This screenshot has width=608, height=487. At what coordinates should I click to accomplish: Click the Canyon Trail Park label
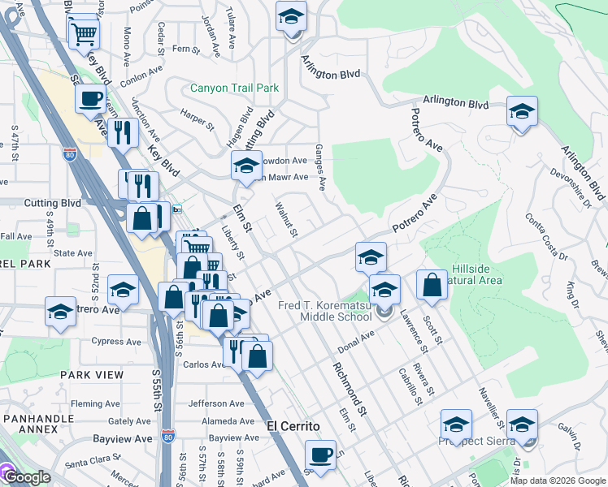[x=235, y=88]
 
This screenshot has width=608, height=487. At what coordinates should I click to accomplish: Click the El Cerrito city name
[x=293, y=425]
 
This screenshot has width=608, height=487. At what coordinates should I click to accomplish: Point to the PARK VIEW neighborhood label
[x=92, y=375]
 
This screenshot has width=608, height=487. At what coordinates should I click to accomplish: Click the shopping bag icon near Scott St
[x=432, y=285]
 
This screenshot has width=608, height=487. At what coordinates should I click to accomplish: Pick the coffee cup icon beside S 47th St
[x=89, y=100]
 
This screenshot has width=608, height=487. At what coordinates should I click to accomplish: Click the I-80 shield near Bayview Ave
[x=167, y=437]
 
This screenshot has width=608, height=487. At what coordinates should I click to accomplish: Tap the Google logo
[x=26, y=477]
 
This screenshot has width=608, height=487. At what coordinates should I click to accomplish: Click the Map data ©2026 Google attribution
[x=558, y=481]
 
